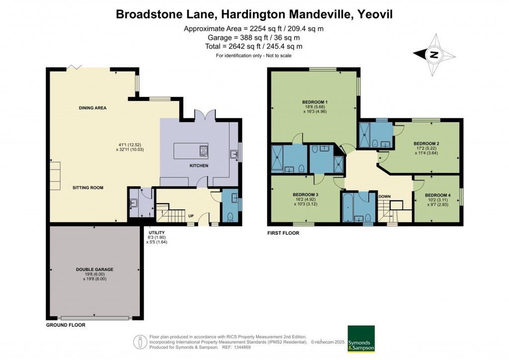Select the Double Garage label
[x=94, y=270]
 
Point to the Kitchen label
[x=198, y=166]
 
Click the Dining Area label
[x=92, y=107]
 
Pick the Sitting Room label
[x=87, y=187]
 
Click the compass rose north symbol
[x=434, y=55]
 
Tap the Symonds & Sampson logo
[x=361, y=339]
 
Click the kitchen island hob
[x=203, y=151]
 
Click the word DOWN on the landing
[x=384, y=196]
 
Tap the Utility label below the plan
[x=158, y=233]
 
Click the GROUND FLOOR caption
[x=66, y=325]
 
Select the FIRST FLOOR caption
[x=283, y=232]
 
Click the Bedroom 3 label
[x=305, y=194]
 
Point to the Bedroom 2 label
[x=426, y=143]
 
